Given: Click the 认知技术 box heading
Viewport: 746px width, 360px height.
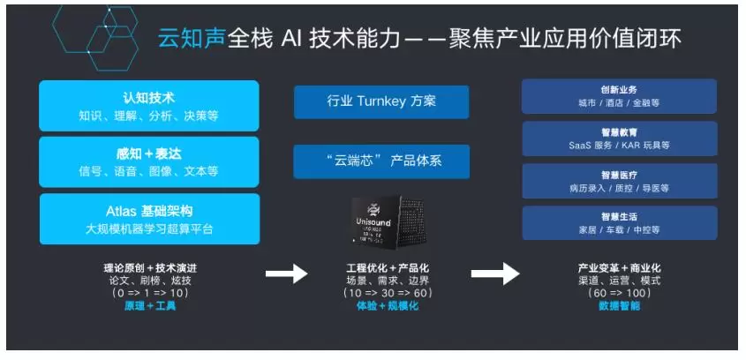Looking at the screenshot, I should (148, 97).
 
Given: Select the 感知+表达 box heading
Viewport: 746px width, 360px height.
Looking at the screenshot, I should (148, 153).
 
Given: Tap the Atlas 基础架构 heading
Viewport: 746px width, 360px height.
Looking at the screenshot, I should (148, 211).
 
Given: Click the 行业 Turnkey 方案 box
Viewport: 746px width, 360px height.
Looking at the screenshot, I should (381, 101).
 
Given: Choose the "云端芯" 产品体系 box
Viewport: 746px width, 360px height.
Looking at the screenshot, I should (381, 161).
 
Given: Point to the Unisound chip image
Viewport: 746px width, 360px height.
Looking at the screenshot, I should (381, 221).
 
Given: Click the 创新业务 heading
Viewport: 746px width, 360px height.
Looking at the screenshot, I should (619, 89).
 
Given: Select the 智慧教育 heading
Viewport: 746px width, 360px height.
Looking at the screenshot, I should (619, 131).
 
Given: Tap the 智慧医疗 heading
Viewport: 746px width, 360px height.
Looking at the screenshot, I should (619, 174).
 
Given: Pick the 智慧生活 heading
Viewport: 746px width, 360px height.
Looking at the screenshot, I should (619, 216).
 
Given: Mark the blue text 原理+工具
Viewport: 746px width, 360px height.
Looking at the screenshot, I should (148, 305).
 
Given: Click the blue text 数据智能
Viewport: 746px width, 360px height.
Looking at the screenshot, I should (619, 305).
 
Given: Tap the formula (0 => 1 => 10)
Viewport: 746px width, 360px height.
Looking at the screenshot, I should (148, 292).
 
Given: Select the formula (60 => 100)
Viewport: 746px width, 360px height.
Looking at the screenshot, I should (619, 292).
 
